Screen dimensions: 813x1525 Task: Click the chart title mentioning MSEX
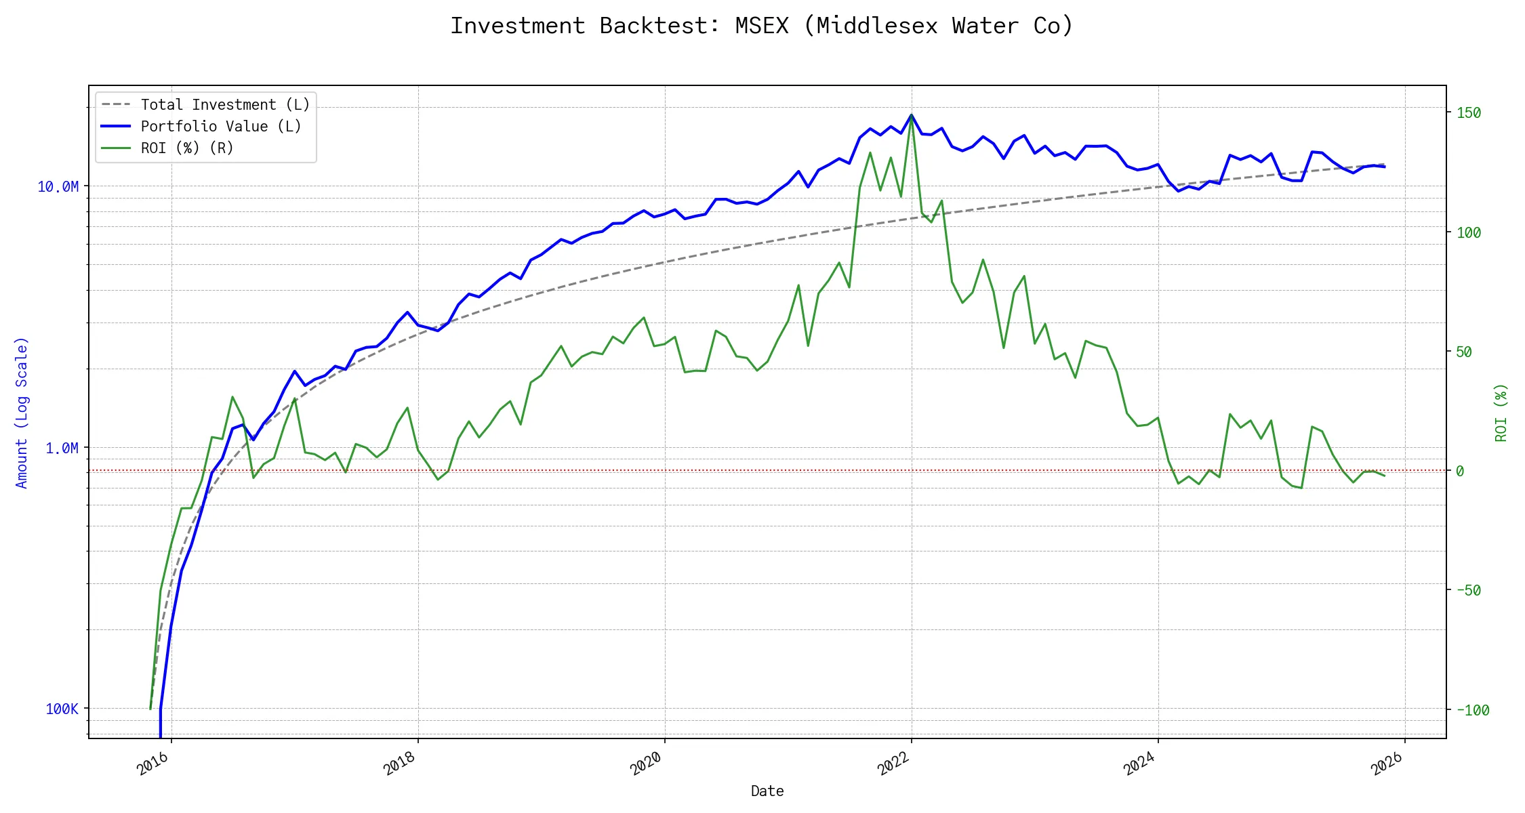coord(762,26)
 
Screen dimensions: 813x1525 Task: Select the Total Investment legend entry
coord(224,105)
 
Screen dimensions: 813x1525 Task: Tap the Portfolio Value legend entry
coord(220,127)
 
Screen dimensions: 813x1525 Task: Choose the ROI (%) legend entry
coord(186,148)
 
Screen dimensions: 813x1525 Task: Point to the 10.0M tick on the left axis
coord(58,187)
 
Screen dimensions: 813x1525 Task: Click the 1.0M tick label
coord(62,448)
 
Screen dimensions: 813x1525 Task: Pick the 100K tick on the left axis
coord(62,709)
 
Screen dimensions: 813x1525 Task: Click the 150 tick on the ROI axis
coord(1469,113)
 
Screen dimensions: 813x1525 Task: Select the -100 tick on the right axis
coord(1473,711)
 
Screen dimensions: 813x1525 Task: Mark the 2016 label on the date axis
coord(153,764)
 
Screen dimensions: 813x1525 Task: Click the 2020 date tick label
coord(646,764)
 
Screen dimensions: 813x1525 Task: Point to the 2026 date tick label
coord(1387,764)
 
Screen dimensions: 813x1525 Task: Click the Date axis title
coord(767,791)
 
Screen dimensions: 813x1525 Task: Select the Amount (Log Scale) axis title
coord(22,413)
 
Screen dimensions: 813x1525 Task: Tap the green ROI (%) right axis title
coord(1501,413)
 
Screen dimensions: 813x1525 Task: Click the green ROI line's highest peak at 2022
coord(912,115)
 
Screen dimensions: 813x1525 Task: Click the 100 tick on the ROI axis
coord(1469,232)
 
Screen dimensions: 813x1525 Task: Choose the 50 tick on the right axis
coord(1464,352)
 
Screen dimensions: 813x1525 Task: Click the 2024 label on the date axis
coord(1139,764)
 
